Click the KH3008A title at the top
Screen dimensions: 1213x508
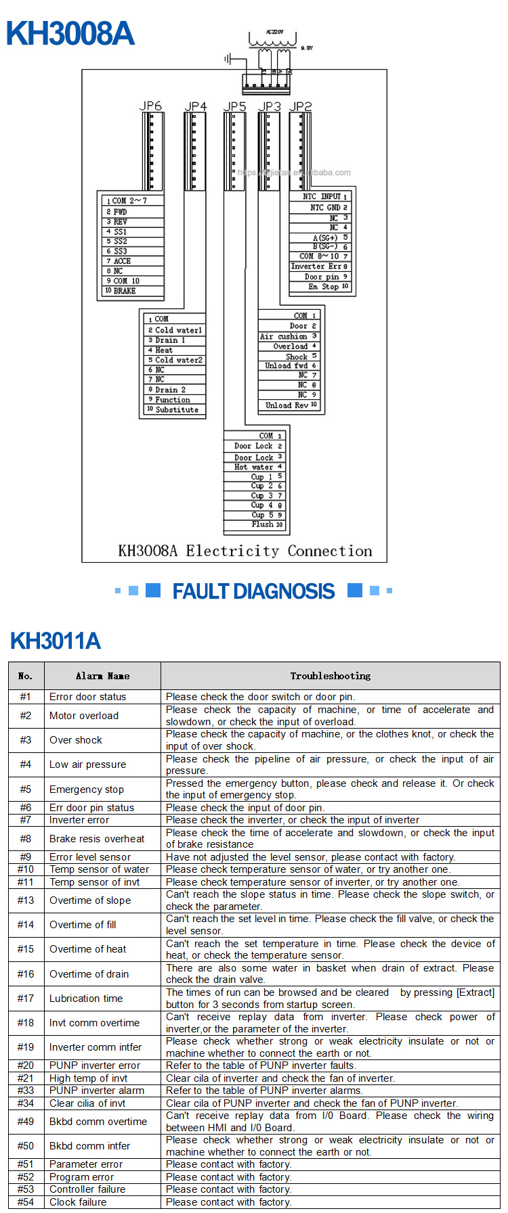(x=70, y=34)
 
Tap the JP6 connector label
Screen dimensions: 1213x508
(x=150, y=106)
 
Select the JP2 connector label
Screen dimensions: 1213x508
(x=300, y=106)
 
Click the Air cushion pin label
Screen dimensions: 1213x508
(x=284, y=336)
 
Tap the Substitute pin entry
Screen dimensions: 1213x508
(x=177, y=409)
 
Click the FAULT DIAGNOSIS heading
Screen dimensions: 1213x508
(x=253, y=591)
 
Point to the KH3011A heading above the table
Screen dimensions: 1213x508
(x=56, y=641)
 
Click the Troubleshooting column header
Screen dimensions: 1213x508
(x=331, y=676)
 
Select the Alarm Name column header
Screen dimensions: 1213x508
(x=102, y=676)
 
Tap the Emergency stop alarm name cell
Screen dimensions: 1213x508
(x=87, y=789)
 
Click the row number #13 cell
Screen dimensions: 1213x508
(x=26, y=900)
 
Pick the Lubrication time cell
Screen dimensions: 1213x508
(x=86, y=999)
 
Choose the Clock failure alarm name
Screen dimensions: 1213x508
(x=78, y=1202)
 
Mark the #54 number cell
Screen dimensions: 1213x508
(x=26, y=1202)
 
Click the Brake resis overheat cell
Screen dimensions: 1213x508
(x=97, y=839)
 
